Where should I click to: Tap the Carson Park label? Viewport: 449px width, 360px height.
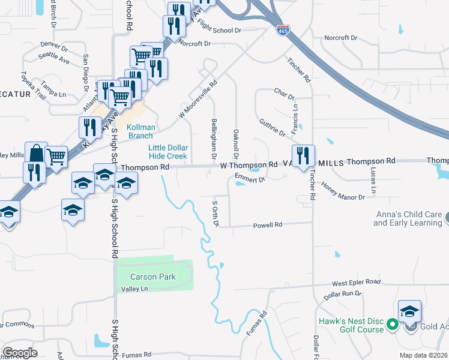pyautogui.click(x=154, y=277)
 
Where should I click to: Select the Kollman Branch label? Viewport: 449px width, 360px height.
pyautogui.click(x=140, y=131)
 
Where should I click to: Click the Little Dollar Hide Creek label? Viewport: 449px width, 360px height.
pyautogui.click(x=168, y=152)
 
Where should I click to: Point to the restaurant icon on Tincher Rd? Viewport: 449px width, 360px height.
pyautogui.click(x=303, y=156)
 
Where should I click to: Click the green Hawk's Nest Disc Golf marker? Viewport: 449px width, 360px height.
pyautogui.click(x=392, y=325)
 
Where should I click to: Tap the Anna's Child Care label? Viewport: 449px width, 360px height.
pyautogui.click(x=408, y=219)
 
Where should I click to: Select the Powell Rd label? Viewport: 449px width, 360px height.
pyautogui.click(x=268, y=225)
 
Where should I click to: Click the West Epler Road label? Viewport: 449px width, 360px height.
pyautogui.click(x=357, y=281)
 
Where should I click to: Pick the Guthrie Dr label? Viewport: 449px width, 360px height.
pyautogui.click(x=273, y=128)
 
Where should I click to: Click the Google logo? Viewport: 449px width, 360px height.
pyautogui.click(x=20, y=353)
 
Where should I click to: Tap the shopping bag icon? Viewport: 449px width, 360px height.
pyautogui.click(x=35, y=153)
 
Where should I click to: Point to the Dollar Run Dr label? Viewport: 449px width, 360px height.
pyautogui.click(x=342, y=295)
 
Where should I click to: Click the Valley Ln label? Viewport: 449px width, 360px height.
pyautogui.click(x=134, y=289)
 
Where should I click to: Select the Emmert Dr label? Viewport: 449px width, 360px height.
pyautogui.click(x=250, y=178)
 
